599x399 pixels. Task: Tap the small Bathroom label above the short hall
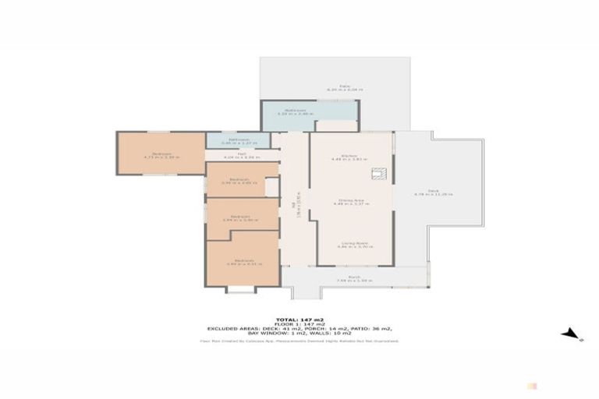point(238,139)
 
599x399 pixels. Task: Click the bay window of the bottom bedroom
point(240,289)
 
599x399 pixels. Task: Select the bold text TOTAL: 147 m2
point(299,319)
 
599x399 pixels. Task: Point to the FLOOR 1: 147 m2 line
point(299,324)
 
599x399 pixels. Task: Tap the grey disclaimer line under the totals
point(299,341)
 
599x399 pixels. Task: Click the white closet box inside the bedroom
point(271,187)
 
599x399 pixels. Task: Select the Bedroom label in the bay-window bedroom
point(243,260)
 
